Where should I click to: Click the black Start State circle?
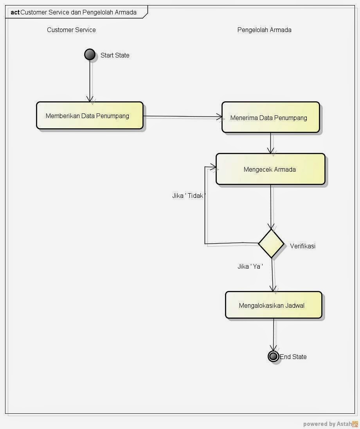[x=90, y=55]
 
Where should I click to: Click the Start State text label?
[x=115, y=56]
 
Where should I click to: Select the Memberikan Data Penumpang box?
[x=90, y=116]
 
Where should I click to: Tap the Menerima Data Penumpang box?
[x=270, y=118]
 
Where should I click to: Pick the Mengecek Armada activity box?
[x=270, y=169]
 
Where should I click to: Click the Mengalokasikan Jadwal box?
[x=274, y=305]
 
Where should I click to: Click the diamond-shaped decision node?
[x=271, y=244]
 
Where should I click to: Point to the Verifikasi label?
[x=302, y=246]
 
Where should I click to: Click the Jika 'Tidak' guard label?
[x=189, y=196]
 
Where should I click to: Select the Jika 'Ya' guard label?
[x=250, y=266]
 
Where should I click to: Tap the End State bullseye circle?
[x=273, y=356]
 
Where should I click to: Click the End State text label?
[x=293, y=357]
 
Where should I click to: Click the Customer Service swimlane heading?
[x=71, y=30]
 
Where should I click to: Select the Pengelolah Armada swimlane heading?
[x=264, y=30]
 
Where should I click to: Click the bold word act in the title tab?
[x=15, y=12]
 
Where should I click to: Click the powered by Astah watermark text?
[x=327, y=424]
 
